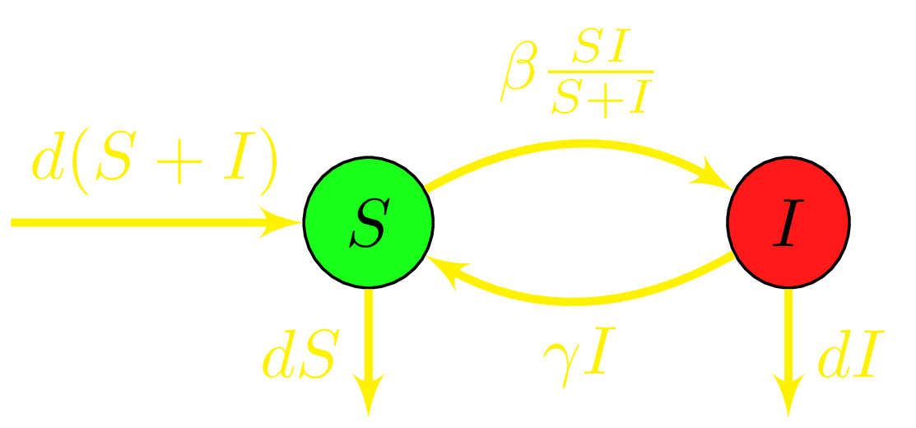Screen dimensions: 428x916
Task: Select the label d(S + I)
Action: coord(155,164)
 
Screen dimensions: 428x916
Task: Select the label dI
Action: coord(844,360)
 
